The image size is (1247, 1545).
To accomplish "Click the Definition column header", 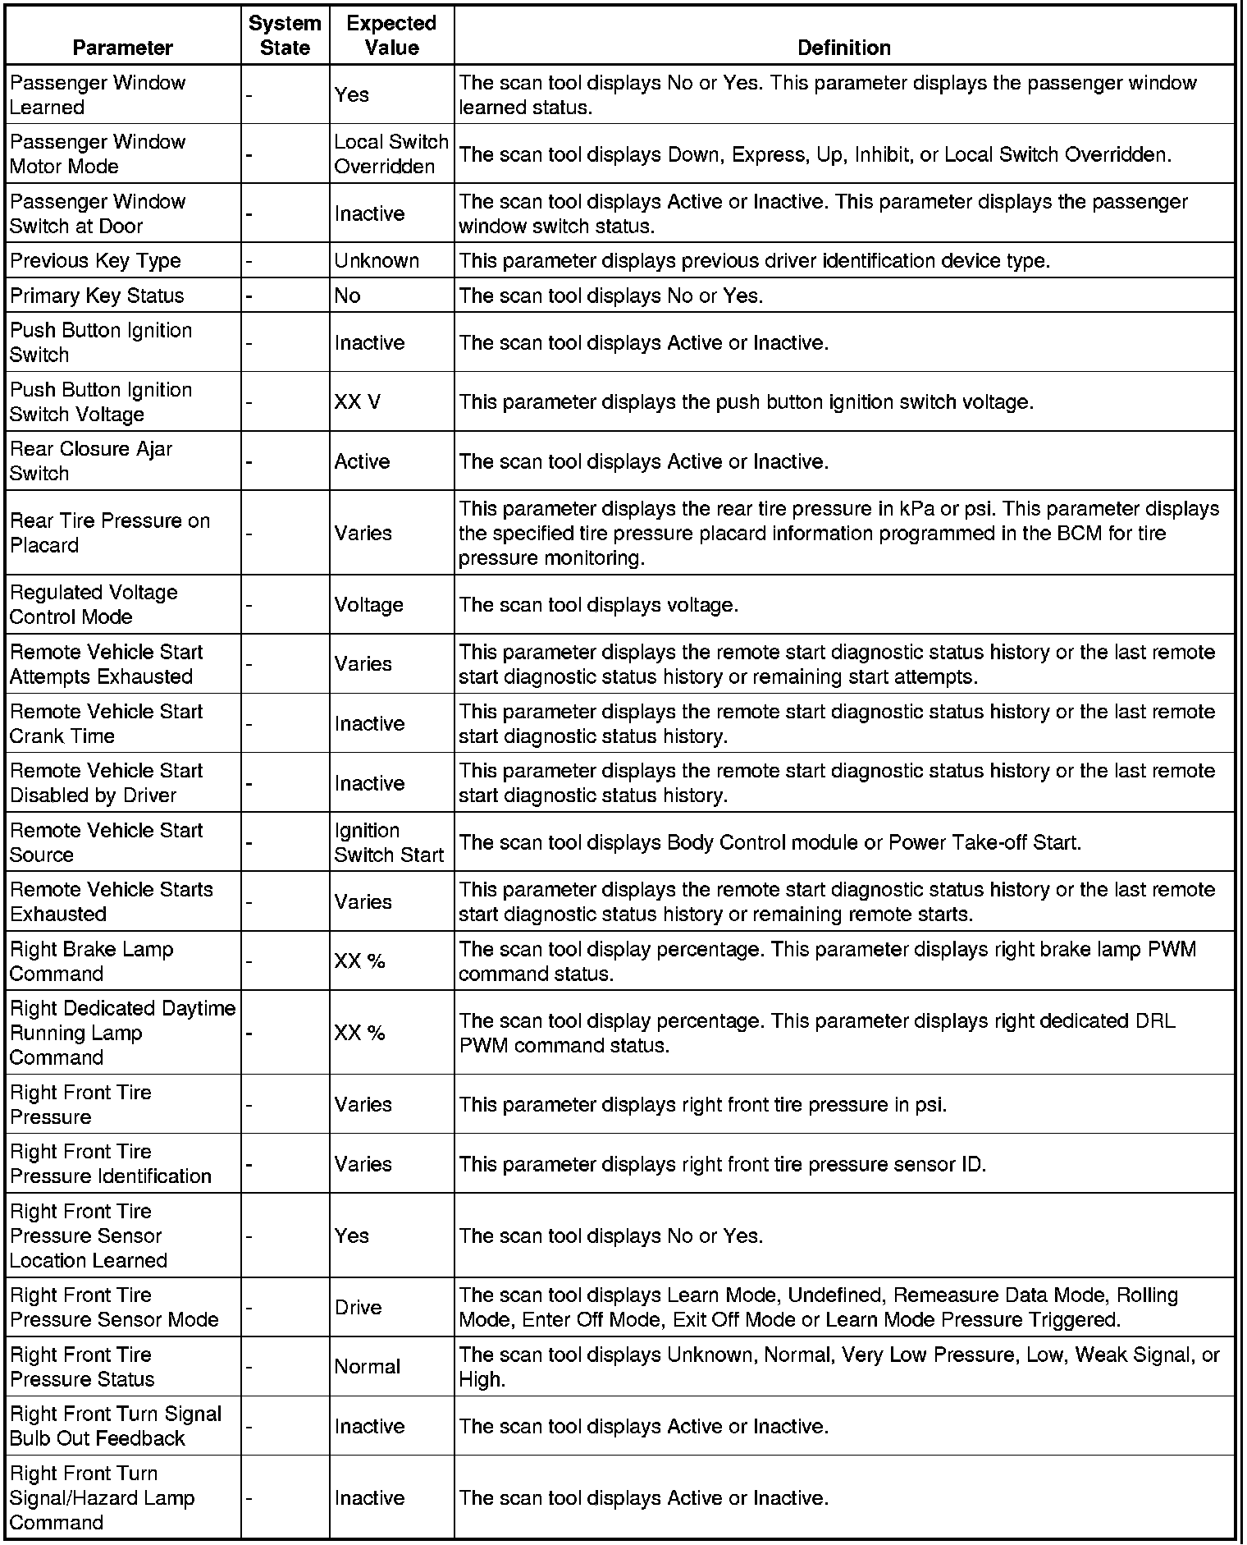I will tap(843, 48).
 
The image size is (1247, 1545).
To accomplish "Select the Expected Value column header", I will tap(391, 35).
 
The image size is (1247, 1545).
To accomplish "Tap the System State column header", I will tap(285, 35).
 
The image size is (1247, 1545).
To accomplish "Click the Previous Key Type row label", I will tap(95, 260).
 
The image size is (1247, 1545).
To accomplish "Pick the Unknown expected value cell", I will tap(377, 260).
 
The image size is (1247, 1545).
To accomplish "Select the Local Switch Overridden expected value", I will tap(391, 154).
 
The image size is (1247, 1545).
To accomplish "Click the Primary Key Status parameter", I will tap(97, 296).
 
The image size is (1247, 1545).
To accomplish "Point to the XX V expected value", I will tap(358, 402).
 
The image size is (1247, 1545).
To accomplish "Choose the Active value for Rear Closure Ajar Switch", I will tap(362, 461).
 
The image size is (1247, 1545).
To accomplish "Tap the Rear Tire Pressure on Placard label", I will tap(110, 533).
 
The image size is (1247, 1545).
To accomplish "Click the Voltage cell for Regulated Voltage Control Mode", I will tap(368, 605).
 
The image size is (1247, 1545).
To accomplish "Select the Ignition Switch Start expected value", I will tap(389, 842).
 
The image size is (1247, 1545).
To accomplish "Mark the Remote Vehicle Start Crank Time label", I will tap(106, 723).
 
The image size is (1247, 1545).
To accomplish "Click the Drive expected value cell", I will tap(358, 1307).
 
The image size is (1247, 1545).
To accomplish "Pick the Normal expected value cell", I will tap(368, 1367).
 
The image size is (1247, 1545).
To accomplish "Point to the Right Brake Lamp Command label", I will tap(91, 961).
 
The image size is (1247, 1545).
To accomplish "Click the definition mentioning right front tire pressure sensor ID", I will tap(722, 1164).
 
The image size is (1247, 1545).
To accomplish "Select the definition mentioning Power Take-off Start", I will tap(770, 842).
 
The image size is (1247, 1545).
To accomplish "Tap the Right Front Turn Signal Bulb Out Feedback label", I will tap(116, 1426).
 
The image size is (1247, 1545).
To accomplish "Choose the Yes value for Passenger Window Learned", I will tap(352, 94).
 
